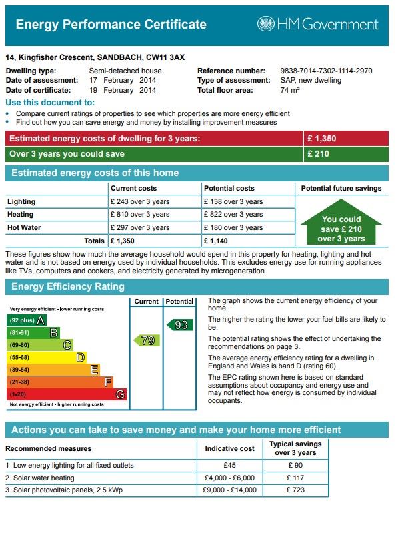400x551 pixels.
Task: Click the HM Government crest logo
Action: pos(265,25)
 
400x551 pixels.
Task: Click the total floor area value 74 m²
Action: pos(290,90)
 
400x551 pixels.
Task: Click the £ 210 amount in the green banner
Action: pos(317,154)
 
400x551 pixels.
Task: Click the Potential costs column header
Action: pos(229,189)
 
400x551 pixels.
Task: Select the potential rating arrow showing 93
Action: pos(179,325)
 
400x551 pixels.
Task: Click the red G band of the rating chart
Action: pos(67,394)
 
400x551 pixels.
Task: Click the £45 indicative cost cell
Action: pos(229,465)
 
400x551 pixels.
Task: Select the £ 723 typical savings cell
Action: pos(295,490)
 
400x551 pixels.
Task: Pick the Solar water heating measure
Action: pos(44,478)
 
